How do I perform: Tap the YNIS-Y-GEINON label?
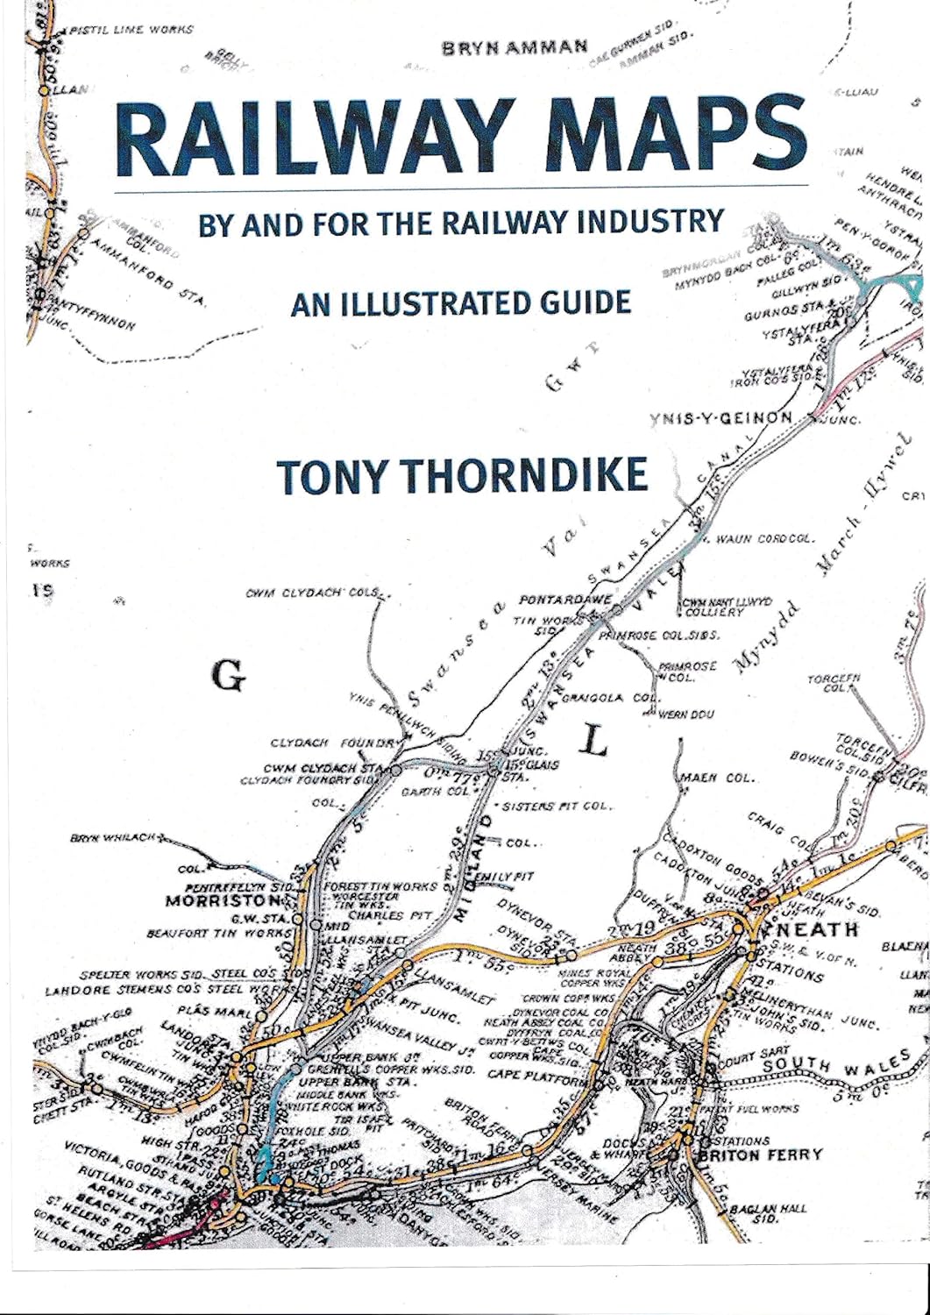point(721,418)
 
